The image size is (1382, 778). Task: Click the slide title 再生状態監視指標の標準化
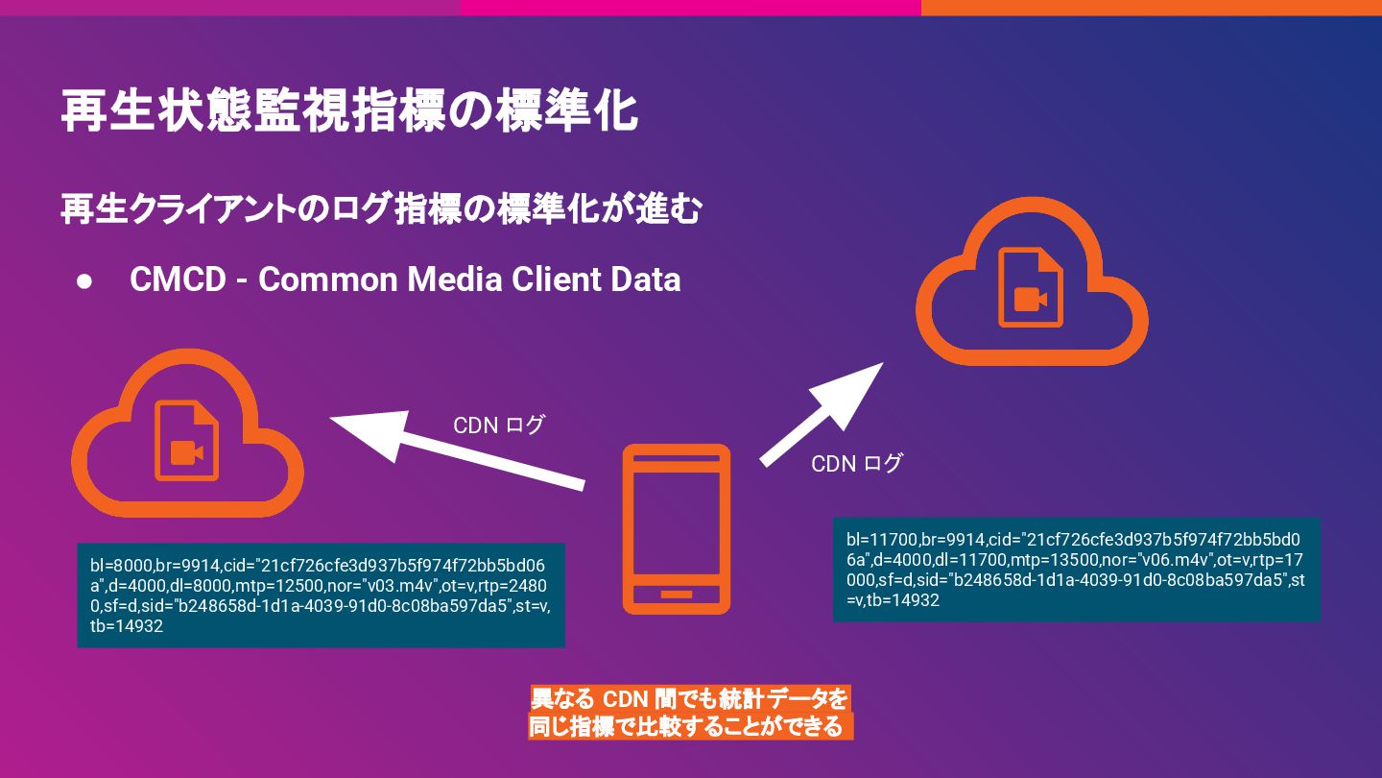(x=349, y=111)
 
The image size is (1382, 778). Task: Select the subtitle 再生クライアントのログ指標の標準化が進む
(x=381, y=208)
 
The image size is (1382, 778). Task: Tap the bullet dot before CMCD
(x=84, y=280)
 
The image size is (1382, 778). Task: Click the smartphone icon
(x=677, y=528)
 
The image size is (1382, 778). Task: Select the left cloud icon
(x=187, y=442)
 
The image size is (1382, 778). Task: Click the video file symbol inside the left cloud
(x=186, y=441)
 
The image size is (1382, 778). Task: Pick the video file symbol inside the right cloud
(x=1031, y=288)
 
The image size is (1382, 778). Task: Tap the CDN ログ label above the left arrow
(x=498, y=425)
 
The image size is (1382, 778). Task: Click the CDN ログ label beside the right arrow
(x=856, y=464)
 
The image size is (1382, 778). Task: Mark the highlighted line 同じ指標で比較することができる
(x=690, y=726)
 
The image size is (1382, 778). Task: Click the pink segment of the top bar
(x=690, y=8)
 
